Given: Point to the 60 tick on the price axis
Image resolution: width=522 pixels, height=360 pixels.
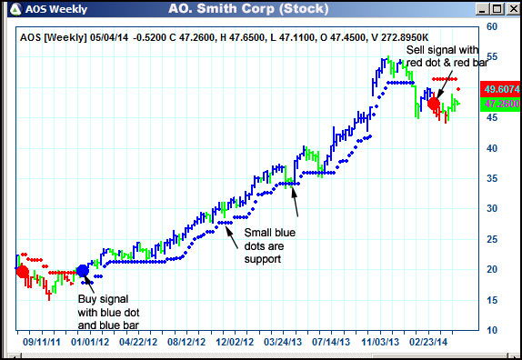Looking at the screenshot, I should click(x=491, y=27).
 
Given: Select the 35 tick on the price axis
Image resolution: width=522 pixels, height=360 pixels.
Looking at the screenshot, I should click(x=491, y=178).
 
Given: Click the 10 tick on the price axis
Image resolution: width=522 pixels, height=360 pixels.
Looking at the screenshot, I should click(x=491, y=329).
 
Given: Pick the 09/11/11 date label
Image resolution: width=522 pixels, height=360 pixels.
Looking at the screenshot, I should click(x=44, y=344).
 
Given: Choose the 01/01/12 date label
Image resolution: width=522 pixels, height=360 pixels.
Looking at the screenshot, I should click(x=91, y=344).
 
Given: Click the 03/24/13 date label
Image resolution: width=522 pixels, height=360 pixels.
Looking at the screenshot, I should click(x=283, y=344).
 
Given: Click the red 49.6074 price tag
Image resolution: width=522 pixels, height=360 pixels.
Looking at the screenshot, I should click(x=501, y=89).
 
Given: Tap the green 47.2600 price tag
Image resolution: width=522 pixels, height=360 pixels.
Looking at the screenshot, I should click(x=501, y=104).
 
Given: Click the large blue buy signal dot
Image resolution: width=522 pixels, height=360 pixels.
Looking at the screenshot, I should click(x=83, y=270).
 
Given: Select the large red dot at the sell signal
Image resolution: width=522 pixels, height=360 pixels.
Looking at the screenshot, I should click(x=433, y=103).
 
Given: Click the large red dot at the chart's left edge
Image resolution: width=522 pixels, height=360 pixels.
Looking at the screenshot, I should click(x=22, y=272).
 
